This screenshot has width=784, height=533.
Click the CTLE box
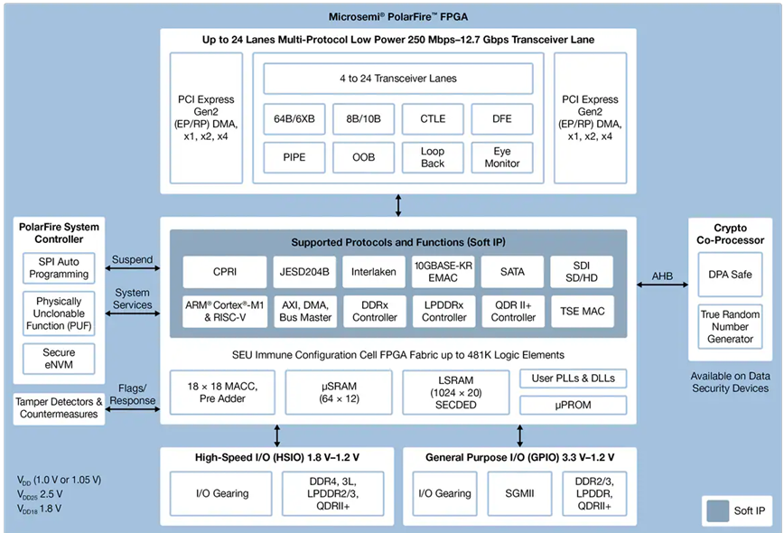[432, 118]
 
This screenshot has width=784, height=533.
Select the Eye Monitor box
[502, 157]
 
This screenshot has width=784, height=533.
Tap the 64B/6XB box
[294, 118]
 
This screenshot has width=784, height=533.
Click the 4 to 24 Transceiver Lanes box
[397, 79]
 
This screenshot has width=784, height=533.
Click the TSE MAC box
[582, 311]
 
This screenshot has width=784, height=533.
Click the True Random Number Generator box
[730, 326]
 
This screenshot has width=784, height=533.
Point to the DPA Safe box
[730, 274]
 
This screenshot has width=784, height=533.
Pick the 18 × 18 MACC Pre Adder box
[222, 392]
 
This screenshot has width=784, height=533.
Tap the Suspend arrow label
[132, 260]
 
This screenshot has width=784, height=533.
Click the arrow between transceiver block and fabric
[398, 205]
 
